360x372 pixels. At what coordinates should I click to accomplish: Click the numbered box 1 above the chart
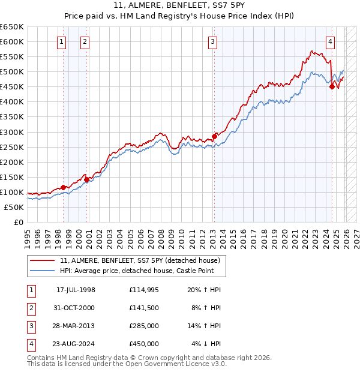pos(62,41)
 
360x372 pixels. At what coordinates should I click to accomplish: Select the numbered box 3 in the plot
pos(213,41)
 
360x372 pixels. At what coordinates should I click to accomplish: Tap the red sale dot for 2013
pos(214,136)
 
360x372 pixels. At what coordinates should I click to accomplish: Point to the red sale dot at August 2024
pos(332,86)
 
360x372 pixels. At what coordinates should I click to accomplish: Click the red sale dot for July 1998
pos(63,187)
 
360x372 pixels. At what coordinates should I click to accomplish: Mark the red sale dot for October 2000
pos(86,179)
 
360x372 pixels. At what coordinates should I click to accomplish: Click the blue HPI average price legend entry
pos(142,271)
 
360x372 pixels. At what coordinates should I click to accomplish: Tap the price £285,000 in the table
pos(143,327)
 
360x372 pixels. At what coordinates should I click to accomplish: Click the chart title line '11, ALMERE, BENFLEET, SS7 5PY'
pos(179,7)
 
